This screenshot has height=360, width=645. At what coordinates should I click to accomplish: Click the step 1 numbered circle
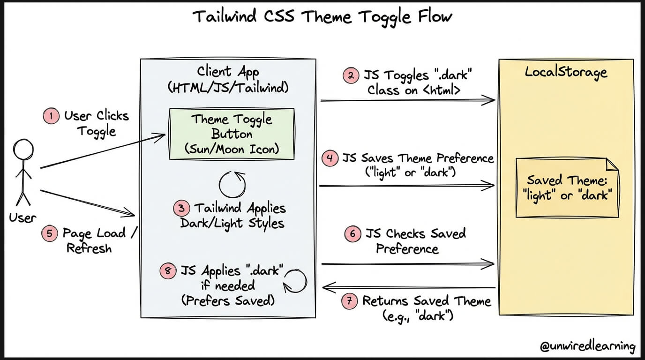pyautogui.click(x=51, y=116)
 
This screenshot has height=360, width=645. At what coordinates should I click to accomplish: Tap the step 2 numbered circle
pyautogui.click(x=351, y=76)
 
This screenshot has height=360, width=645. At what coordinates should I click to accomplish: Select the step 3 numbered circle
pyautogui.click(x=182, y=208)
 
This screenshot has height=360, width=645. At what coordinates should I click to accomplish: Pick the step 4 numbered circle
pyautogui.click(x=330, y=158)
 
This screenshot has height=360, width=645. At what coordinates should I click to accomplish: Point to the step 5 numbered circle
pyautogui.click(x=50, y=233)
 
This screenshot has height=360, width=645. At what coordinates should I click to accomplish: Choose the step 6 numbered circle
pyautogui.click(x=352, y=233)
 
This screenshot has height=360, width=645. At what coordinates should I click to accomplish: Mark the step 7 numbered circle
pyautogui.click(x=350, y=301)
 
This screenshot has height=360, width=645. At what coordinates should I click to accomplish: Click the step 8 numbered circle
pyautogui.click(x=168, y=271)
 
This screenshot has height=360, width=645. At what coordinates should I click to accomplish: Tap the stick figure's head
pyautogui.click(x=23, y=150)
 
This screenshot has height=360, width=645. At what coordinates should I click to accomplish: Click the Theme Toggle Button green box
pyautogui.click(x=232, y=134)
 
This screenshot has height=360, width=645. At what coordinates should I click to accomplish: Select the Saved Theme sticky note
pyautogui.click(x=567, y=187)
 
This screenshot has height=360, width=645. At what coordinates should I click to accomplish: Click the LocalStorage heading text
pyautogui.click(x=566, y=72)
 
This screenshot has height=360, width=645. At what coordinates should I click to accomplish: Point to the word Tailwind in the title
pyautogui.click(x=225, y=16)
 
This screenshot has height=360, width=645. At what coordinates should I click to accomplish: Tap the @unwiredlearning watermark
pyautogui.click(x=587, y=346)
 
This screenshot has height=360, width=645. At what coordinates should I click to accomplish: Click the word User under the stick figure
pyautogui.click(x=23, y=218)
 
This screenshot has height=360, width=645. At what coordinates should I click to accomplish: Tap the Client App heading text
pyautogui.click(x=228, y=72)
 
